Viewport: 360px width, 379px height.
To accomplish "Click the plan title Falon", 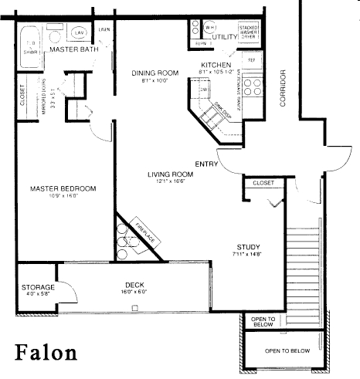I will [47, 354].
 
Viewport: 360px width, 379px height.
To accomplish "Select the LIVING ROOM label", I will [170, 174].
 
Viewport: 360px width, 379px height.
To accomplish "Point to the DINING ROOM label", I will [155, 73].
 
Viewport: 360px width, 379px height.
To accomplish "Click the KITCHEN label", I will [213, 65].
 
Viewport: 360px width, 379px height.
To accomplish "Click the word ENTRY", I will [206, 163].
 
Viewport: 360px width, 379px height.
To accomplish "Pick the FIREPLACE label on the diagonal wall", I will [145, 230].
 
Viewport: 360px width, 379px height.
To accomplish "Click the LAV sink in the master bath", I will [80, 33].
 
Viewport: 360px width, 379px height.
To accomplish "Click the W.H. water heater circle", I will [199, 25].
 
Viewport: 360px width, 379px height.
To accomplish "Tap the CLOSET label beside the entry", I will [263, 184].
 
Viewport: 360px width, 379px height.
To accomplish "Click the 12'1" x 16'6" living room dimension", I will [170, 182].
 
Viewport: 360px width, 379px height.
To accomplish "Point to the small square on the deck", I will [134, 308].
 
